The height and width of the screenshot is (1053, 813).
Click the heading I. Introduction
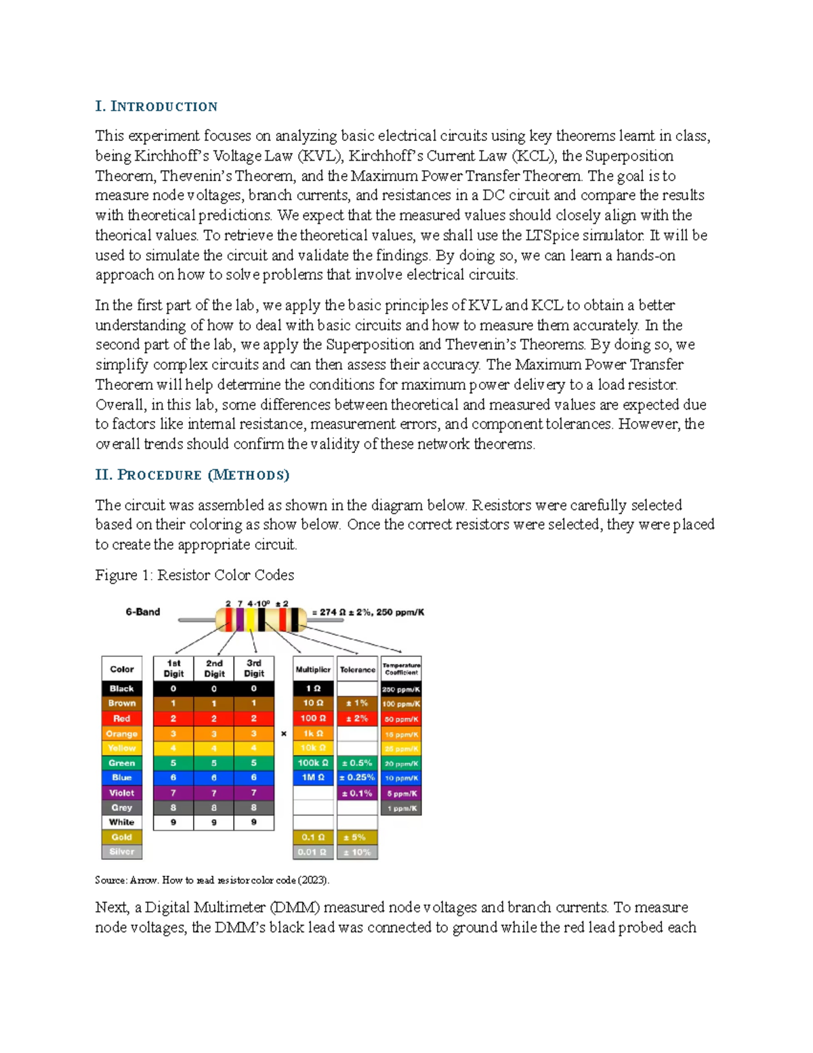pos(156,106)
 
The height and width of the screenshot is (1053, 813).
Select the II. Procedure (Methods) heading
pos(192,475)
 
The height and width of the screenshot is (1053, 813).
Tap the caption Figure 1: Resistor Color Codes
pos(194,575)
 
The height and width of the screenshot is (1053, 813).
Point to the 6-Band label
pos(142,612)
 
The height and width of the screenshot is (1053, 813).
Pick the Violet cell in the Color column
pos(122,793)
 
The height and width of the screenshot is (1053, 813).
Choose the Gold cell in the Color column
pos(122,837)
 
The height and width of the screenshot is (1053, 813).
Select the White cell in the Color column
pos(122,822)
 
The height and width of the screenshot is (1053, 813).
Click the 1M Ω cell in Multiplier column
pos(312,778)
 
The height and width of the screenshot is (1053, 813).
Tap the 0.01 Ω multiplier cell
pos(312,852)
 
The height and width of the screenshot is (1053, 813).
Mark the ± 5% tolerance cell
pos(357,837)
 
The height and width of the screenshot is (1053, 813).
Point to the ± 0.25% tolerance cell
pos(357,778)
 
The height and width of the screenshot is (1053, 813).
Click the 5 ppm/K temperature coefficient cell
pos(401,793)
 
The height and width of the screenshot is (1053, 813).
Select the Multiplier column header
pos(313,669)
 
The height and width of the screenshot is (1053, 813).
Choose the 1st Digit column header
pos(173,669)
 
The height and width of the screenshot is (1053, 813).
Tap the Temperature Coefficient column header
pos(401,669)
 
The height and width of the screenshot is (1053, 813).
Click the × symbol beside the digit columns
pos(284,734)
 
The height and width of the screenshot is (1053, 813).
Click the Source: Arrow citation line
pos(212,880)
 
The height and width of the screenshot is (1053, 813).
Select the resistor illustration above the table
pos(261,619)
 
